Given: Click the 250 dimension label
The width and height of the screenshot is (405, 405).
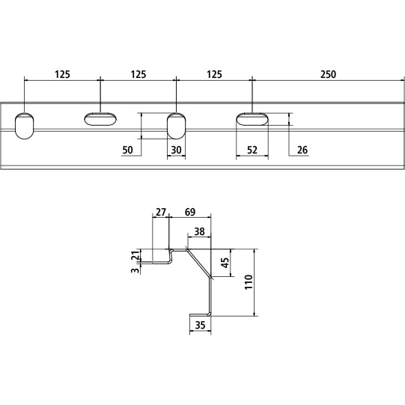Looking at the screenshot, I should [x=327, y=74].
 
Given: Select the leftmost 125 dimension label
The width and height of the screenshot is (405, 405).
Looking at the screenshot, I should [x=62, y=74].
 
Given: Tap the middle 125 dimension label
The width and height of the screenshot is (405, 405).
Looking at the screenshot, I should [x=138, y=74].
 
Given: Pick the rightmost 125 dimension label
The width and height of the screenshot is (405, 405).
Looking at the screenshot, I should [x=214, y=74].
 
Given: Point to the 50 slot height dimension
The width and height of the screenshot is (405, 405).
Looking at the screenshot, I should [x=127, y=150].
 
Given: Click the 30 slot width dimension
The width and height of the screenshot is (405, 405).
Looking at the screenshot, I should [x=177, y=150].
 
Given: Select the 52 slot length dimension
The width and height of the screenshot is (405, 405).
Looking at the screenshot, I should [x=252, y=150].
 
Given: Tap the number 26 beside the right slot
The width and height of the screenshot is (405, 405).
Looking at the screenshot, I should [x=302, y=150].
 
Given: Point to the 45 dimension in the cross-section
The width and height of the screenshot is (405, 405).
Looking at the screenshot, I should [x=225, y=263].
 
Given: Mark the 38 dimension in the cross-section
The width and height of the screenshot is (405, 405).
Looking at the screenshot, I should [x=199, y=232].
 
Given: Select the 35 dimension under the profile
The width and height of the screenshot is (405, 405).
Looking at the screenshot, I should [x=200, y=325].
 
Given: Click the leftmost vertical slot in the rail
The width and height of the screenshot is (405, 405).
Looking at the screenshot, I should [x=25, y=125].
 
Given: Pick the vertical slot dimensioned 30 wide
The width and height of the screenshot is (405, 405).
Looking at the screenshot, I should [x=176, y=125].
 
